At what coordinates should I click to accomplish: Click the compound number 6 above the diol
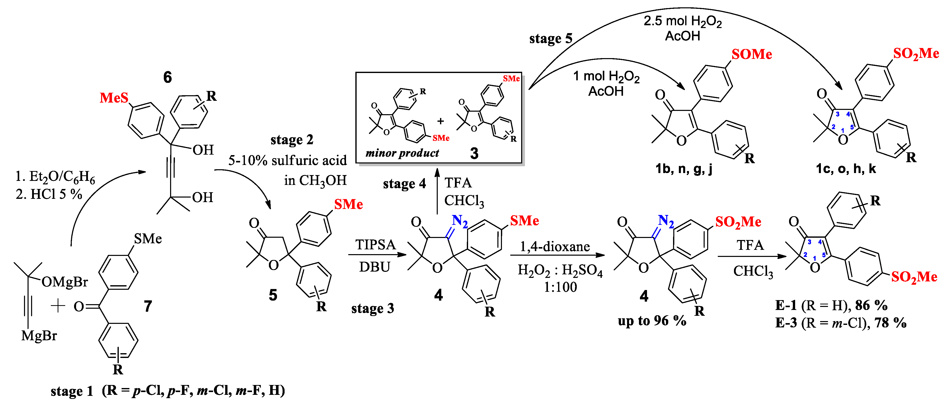pos(167,77)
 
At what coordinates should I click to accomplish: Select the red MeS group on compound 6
pos(114,98)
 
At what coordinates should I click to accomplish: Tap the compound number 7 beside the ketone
pos(148,306)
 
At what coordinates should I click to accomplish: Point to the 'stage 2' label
pos(292,140)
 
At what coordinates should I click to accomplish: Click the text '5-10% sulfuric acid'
pos(287,160)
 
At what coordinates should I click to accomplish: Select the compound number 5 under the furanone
pos(273,295)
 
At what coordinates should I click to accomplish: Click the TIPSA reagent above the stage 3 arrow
pos(375,245)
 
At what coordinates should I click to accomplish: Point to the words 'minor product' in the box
pos(402,153)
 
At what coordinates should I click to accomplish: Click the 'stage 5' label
pos(551,38)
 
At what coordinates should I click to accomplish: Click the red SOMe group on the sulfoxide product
pos(751,54)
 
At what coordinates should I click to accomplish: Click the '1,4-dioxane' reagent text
pos(555,247)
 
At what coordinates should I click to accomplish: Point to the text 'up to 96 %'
pos(652,321)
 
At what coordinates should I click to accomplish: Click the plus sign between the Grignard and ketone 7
pos(58,305)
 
